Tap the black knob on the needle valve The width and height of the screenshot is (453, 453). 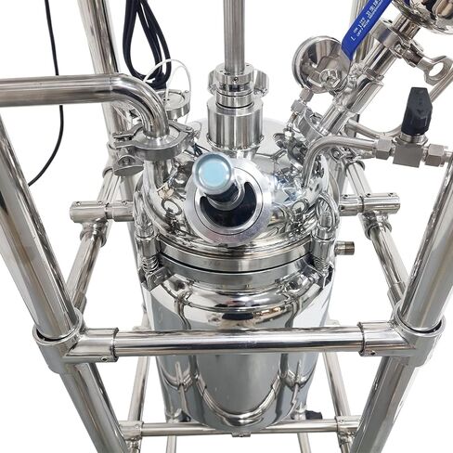point(418,109)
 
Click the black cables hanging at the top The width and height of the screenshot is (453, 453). point(149,37)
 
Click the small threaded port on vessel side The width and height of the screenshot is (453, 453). point(344,248)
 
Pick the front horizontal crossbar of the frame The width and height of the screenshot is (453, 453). point(232,342)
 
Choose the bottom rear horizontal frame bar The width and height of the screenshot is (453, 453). point(232,428)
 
